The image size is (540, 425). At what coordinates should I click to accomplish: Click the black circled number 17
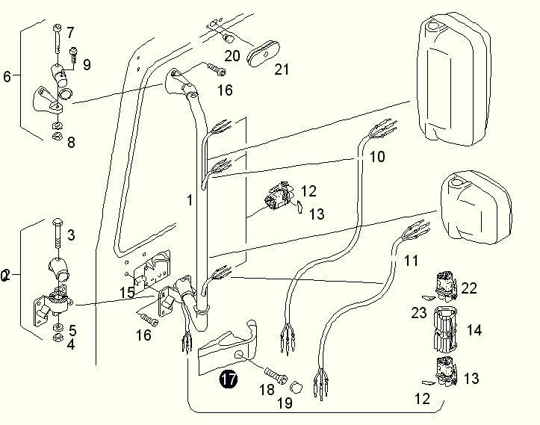click(228, 379)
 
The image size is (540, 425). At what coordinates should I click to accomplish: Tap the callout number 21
click(282, 70)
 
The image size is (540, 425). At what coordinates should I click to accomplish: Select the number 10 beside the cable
click(377, 157)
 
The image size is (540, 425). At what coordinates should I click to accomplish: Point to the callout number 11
click(412, 261)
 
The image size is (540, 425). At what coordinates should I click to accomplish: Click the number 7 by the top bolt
click(70, 32)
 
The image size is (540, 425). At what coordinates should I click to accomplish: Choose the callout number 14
click(474, 329)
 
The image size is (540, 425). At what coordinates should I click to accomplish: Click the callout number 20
click(232, 55)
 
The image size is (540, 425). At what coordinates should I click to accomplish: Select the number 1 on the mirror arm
click(190, 200)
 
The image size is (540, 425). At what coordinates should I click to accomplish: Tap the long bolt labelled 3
click(57, 238)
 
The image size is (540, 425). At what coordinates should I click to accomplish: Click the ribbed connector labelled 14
click(447, 330)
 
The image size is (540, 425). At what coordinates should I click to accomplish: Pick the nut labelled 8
click(58, 135)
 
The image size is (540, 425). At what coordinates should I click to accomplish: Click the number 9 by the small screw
click(87, 65)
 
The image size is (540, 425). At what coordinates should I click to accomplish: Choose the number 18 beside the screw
click(267, 390)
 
